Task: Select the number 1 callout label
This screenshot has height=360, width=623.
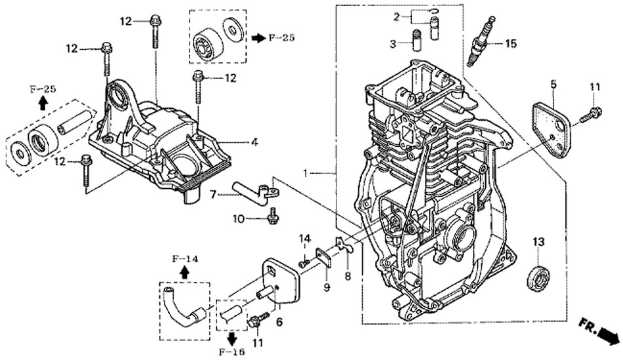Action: [x=305, y=173]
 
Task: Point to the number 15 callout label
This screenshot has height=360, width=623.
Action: [x=510, y=44]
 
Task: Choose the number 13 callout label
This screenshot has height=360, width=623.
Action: [x=538, y=243]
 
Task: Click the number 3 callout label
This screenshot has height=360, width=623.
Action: [x=392, y=43]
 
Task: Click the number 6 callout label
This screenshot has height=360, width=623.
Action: [x=279, y=322]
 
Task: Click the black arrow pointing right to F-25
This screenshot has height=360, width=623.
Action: [x=257, y=38]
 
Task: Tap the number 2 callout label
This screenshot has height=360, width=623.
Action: [x=397, y=16]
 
